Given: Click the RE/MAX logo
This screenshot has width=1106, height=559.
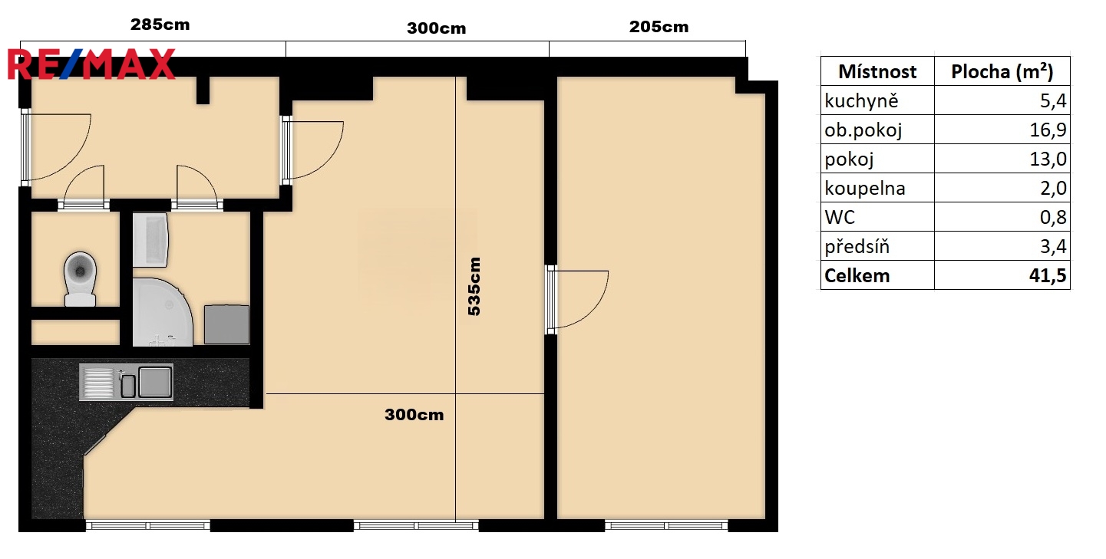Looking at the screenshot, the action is tap(91, 64).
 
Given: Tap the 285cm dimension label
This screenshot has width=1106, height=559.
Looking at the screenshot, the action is tap(160, 25).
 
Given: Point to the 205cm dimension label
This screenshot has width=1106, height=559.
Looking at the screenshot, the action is tap(659, 27).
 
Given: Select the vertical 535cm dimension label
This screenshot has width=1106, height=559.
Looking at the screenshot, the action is tap(474, 286).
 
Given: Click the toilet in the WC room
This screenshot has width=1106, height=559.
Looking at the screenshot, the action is tap(80, 279).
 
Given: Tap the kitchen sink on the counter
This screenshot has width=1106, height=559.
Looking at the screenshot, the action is tap(126, 382).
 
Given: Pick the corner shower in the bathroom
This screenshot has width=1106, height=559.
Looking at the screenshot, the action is tap(163, 312).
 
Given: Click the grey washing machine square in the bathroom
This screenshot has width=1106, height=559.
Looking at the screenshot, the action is tap(226, 324).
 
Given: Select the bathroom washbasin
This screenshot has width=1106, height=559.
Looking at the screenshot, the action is tap(151, 240).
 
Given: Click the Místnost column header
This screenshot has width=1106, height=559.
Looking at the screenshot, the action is tap(877, 72).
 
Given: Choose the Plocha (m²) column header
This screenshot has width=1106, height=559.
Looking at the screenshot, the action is tap(1002, 72).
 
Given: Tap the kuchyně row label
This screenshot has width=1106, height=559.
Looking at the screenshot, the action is tap(861, 101).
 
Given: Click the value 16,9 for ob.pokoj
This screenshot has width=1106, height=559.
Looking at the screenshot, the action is tap(1048, 130).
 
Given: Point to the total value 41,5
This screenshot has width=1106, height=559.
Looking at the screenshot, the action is tap(1048, 275).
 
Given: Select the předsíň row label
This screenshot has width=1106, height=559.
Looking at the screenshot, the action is tap(857, 245).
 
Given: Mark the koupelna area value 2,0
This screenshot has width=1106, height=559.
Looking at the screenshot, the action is tap(1053, 188).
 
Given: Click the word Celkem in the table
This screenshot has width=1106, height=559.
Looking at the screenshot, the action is tap(857, 275).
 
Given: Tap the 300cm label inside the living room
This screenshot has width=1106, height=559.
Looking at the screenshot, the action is tap(414, 414).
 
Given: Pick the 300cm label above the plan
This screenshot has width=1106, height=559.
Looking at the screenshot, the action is tap(437, 28).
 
